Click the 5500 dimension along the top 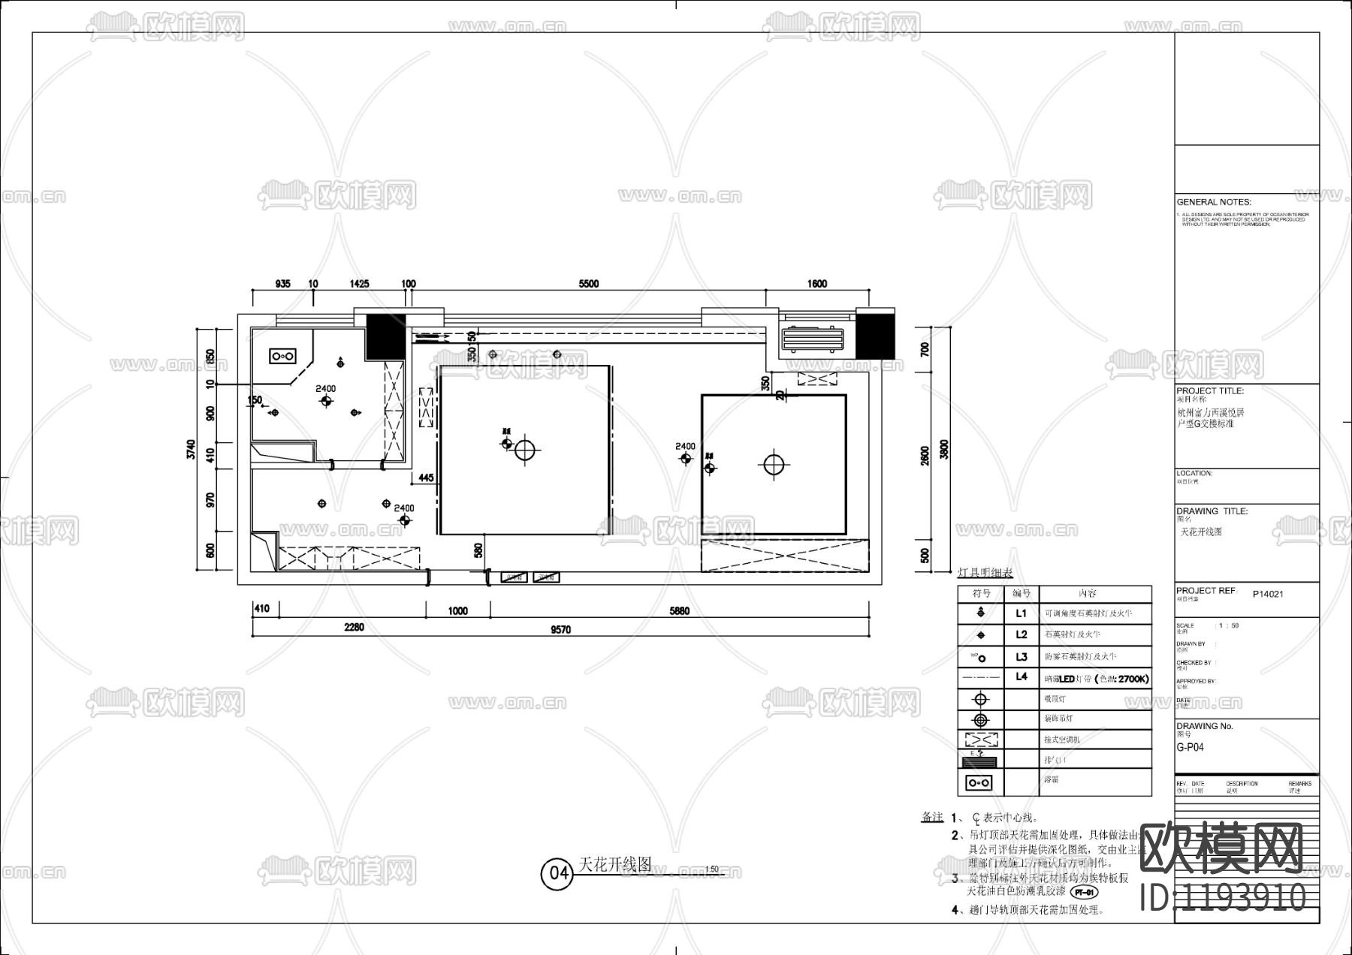pyautogui.click(x=588, y=284)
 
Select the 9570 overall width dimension pyautogui.click(x=560, y=630)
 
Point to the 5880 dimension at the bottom pyautogui.click(x=679, y=611)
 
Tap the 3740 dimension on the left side pyautogui.click(x=191, y=450)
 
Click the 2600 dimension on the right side pyautogui.click(x=925, y=456)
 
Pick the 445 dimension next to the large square pyautogui.click(x=426, y=477)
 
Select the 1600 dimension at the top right pyautogui.click(x=817, y=284)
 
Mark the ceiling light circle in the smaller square pyautogui.click(x=774, y=465)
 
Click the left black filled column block pyautogui.click(x=385, y=336)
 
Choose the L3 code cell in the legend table pyautogui.click(x=1022, y=657)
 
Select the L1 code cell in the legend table pyautogui.click(x=1022, y=613)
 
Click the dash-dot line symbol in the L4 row pyautogui.click(x=981, y=677)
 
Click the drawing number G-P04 pyautogui.click(x=1191, y=748)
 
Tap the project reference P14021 pyautogui.click(x=1268, y=594)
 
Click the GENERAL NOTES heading pyautogui.click(x=1214, y=202)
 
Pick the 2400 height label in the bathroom pyautogui.click(x=325, y=388)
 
